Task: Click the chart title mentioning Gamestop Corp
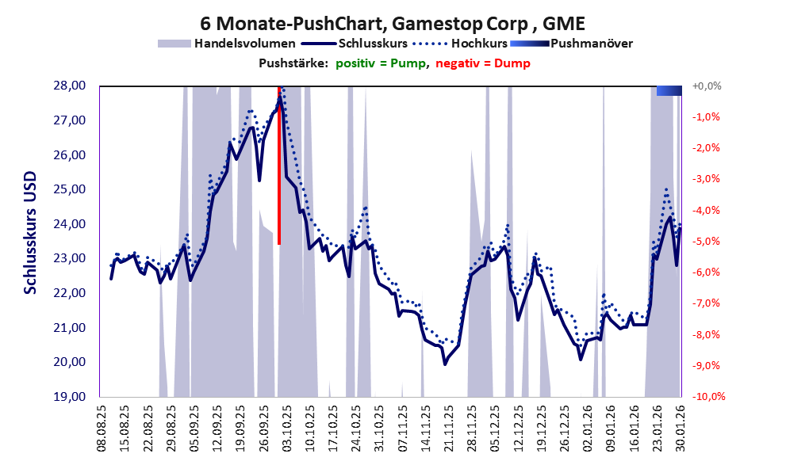[393, 21]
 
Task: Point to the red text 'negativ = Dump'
[482, 63]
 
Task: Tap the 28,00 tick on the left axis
[71, 86]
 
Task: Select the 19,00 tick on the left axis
[71, 396]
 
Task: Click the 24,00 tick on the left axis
[71, 223]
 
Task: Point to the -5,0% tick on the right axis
[707, 241]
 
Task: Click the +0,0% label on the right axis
[707, 86]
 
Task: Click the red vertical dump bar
[279, 166]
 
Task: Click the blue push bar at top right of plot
[669, 90]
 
